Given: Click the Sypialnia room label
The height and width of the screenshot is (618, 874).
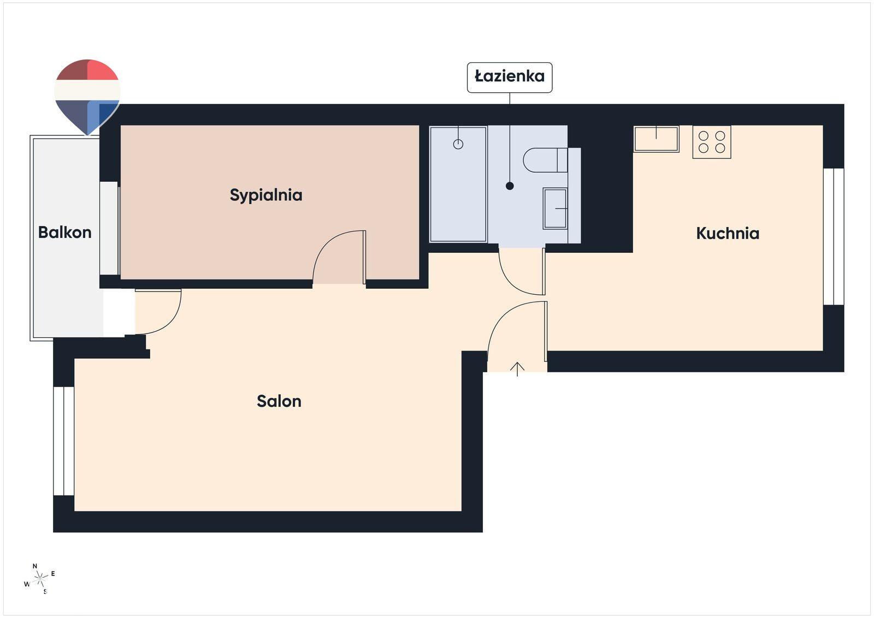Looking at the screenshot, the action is tap(266, 195).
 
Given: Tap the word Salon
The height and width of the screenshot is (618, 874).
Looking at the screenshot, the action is tap(279, 401).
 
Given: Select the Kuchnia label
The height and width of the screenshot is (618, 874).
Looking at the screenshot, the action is tap(728, 234).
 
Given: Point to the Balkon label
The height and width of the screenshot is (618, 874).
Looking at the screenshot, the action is tap(65, 233).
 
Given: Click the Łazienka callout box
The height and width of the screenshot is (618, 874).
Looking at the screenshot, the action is tap(510, 77).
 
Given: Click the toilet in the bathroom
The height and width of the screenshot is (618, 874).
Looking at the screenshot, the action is tap(545, 160).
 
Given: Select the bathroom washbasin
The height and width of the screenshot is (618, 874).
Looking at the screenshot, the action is tap(555, 209).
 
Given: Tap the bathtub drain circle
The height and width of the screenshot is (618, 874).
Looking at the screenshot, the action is tap(458, 144).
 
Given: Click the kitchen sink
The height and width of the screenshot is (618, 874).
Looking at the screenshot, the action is tap(656, 139).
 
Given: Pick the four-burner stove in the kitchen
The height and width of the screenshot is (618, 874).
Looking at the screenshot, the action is tap(712, 142).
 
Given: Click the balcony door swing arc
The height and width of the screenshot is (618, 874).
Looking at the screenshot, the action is tap(171, 322).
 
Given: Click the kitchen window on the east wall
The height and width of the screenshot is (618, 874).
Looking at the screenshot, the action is tap(834, 236).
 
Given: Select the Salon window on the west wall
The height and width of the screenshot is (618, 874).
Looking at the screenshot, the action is tap(63, 441).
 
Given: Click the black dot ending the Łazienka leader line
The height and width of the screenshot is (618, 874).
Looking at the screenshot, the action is tap(510, 186).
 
